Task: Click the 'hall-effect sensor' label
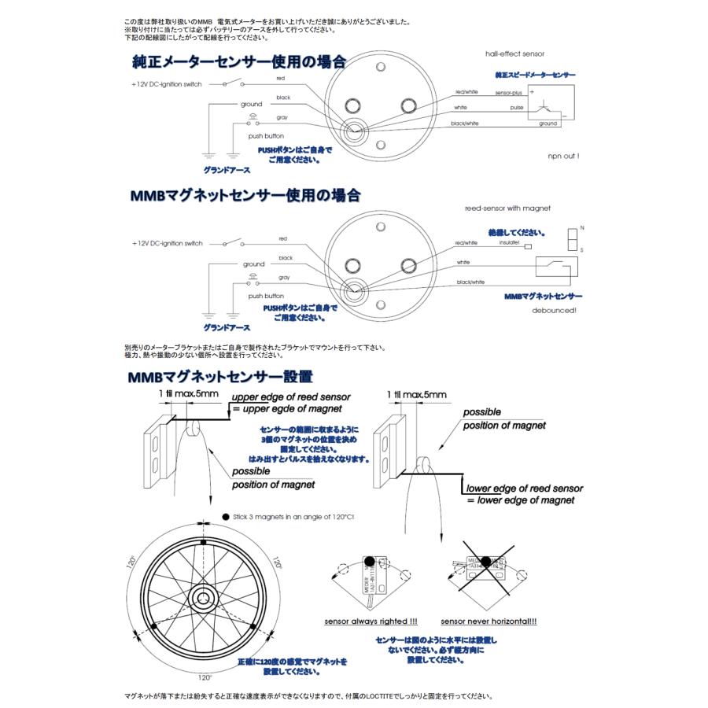[x=514, y=53]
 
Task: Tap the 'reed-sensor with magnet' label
[x=507, y=208]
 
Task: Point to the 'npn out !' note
[x=563, y=156]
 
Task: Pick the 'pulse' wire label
[x=516, y=108]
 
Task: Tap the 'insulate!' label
[x=509, y=243]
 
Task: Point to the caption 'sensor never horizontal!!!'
[x=489, y=621]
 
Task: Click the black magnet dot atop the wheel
[x=204, y=544]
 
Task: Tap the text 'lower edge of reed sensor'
[x=525, y=488]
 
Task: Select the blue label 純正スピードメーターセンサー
[x=535, y=75]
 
